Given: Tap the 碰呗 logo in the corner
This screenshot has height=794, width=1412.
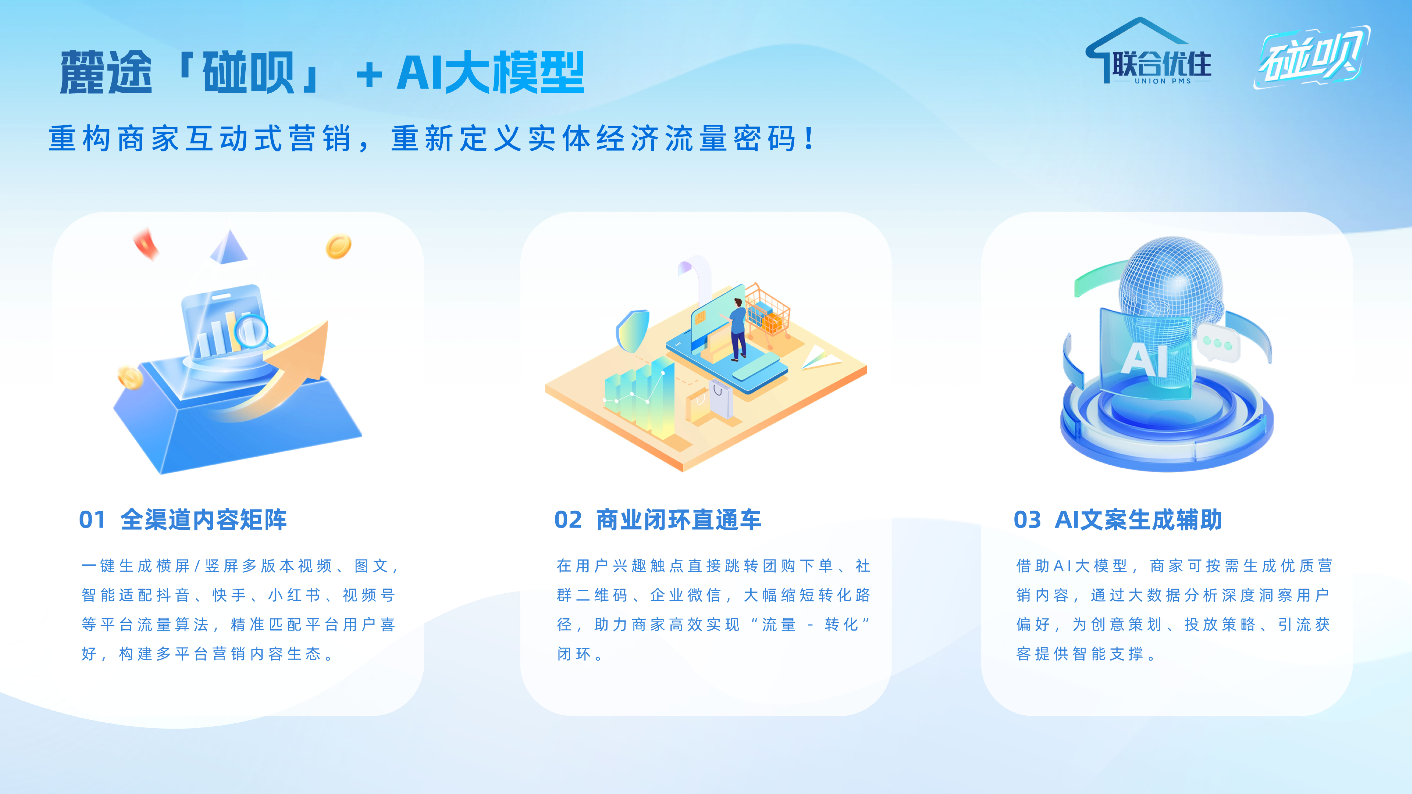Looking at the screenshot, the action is [x=1312, y=57].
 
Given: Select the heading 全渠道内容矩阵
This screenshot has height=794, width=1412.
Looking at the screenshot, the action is [x=203, y=519].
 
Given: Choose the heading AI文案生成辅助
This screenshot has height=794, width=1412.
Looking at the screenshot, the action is [x=1138, y=519].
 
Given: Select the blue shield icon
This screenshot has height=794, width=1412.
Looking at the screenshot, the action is [x=633, y=331].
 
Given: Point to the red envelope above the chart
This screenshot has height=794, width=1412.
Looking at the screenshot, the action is [x=146, y=243].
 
